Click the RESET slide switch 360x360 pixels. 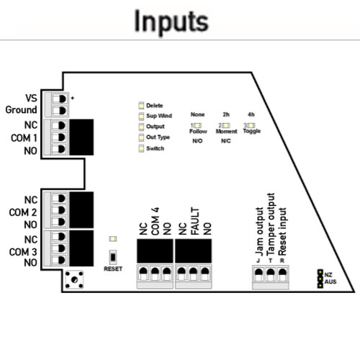pyautogui.click(x=112, y=256)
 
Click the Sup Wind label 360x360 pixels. pyautogui.click(x=158, y=116)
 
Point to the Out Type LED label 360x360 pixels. pyautogui.click(x=158, y=137)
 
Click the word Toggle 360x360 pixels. pyautogui.click(x=251, y=132)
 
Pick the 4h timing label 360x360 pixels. pyautogui.click(x=250, y=114)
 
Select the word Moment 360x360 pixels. pyautogui.click(x=227, y=132)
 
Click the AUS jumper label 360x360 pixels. pyautogui.click(x=330, y=282)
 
